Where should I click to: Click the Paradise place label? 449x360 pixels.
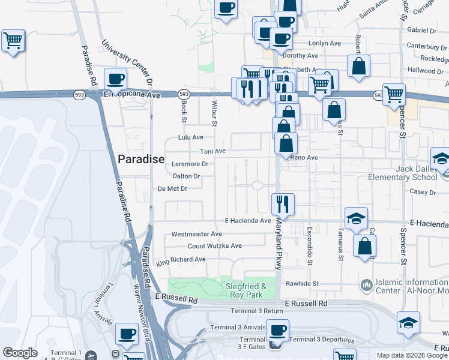pos(141,159)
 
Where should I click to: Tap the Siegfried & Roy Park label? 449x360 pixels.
pos(245,290)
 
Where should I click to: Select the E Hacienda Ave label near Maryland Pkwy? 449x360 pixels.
pos(248,221)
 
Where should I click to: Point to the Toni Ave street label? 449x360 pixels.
pos(212,151)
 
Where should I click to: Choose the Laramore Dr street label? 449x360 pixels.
pos(190,163)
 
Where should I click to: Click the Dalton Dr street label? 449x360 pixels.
pos(186,176)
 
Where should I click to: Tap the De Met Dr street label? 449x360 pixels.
pos(173,188)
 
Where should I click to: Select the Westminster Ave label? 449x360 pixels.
pos(197,234)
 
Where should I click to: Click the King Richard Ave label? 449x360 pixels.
pos(181,260)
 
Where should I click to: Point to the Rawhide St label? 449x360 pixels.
pos(318,283)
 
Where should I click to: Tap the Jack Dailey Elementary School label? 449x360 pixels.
pos(416,173)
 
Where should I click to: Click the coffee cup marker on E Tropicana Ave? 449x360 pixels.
pos(115,79)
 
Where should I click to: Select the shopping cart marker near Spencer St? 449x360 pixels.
pos(394,94)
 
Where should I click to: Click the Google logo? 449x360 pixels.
pos(20,352)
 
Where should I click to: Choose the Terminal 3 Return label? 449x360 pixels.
pos(256,311)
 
